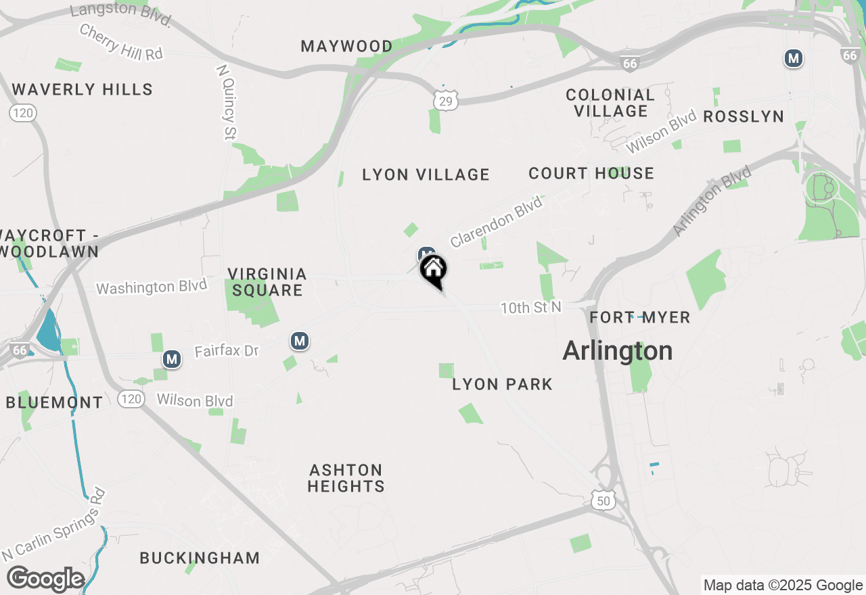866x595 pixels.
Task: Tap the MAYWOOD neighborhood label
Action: [346, 47]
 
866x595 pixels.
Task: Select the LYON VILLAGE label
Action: [426, 174]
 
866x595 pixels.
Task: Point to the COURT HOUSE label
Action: [591, 173]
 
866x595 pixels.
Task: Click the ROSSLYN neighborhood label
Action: [744, 116]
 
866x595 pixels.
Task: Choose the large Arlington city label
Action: [618, 351]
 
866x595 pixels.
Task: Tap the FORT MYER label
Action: [639, 317]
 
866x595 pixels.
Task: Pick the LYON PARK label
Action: [502, 384]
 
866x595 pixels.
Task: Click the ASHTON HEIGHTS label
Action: [346, 478]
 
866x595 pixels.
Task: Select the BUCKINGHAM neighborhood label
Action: [200, 558]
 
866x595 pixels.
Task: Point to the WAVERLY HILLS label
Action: [82, 89]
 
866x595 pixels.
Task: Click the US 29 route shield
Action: [446, 101]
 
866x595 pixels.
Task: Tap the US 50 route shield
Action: [602, 500]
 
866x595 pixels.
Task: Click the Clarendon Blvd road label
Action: [497, 221]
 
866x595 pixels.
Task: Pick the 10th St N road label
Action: [531, 308]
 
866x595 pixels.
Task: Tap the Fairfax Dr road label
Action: [227, 351]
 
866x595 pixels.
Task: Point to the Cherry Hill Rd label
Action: [121, 42]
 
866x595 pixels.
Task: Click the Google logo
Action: [45, 579]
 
